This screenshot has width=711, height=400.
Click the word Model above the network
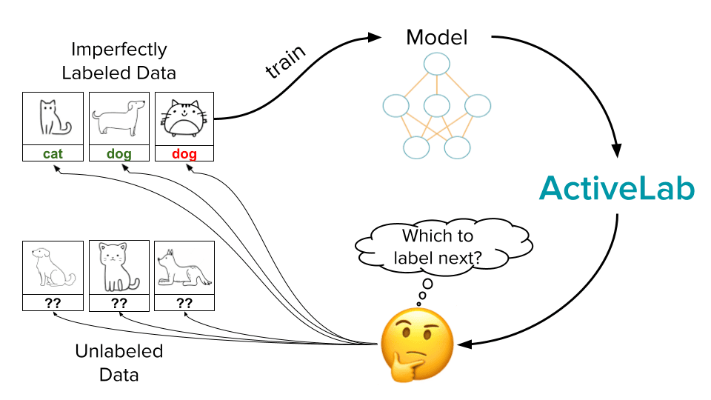(437, 36)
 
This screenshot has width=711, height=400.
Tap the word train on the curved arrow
(286, 62)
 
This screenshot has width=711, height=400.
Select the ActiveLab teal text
(616, 190)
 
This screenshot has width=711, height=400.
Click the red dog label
(184, 154)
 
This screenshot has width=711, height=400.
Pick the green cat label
(53, 154)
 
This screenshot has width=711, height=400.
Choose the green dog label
(118, 154)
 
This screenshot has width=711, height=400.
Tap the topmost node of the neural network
(437, 63)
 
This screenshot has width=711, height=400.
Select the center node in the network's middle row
(437, 106)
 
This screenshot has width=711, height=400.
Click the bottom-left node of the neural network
(415, 147)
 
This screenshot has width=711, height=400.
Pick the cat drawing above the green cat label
(53, 119)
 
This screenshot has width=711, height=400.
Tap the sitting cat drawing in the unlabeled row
(118, 267)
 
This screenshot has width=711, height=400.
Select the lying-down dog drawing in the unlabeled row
(184, 270)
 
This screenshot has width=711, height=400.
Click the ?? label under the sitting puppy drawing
(53, 303)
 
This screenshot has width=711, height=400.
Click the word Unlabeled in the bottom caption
(118, 350)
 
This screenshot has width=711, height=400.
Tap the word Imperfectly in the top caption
(118, 50)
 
